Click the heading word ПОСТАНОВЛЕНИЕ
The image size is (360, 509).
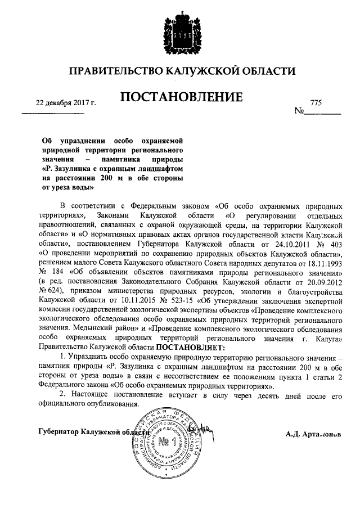coord(181,97)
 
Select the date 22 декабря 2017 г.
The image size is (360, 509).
coord(66,103)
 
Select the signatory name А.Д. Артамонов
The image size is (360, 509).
coord(314,434)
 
